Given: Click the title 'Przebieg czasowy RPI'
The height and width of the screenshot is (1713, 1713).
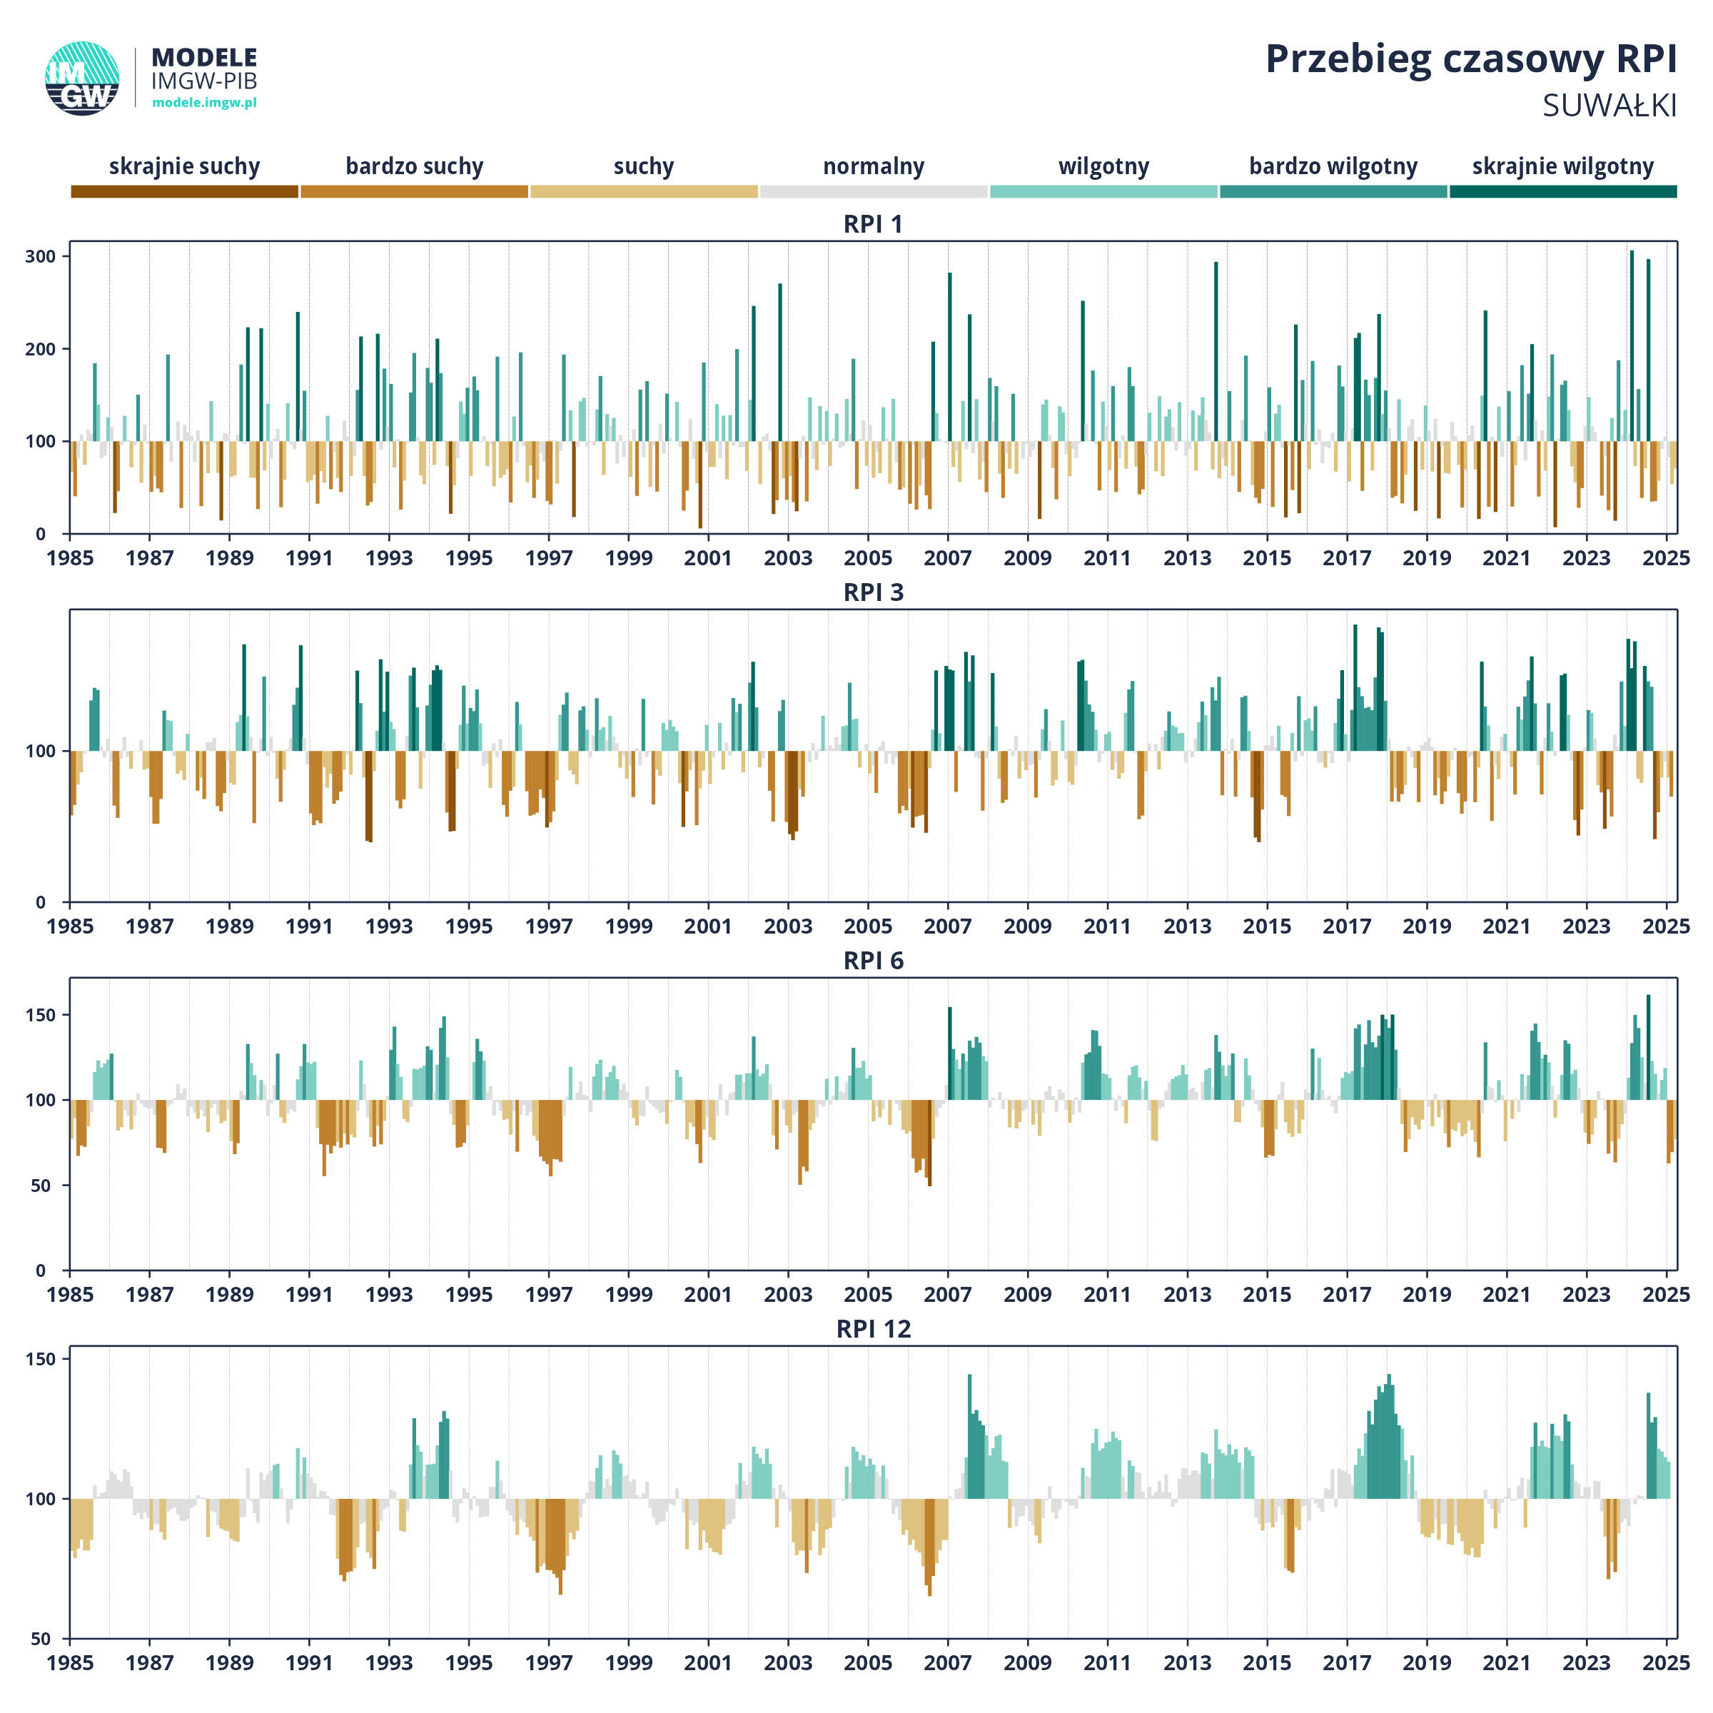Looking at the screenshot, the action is click(1471, 60).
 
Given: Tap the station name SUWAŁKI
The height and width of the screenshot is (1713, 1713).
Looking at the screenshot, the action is click(1610, 106).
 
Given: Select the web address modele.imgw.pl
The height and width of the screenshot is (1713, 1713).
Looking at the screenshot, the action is click(205, 103).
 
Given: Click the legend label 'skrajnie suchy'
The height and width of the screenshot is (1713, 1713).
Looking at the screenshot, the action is click(184, 167).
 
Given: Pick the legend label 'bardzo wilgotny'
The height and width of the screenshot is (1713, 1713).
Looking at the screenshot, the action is click(1333, 167).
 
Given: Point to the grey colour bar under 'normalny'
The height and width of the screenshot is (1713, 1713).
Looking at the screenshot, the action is click(874, 191).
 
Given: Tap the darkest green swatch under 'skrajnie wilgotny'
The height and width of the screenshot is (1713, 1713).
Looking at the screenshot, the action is click(1563, 191).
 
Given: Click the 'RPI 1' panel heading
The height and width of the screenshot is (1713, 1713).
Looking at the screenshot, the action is click(874, 224).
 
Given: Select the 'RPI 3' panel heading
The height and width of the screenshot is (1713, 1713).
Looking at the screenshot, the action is click(874, 592).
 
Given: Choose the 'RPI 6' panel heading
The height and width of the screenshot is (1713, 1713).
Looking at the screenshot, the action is click(874, 961).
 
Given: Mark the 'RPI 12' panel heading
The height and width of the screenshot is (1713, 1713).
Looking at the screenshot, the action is click(874, 1329).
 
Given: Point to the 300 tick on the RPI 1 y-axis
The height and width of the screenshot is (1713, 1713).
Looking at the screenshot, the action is click(41, 256).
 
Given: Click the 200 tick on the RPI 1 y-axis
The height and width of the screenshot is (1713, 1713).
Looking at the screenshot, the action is click(41, 348).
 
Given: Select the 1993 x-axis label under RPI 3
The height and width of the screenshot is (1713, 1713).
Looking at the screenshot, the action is click(389, 926).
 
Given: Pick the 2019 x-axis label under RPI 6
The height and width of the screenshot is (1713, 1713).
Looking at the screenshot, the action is click(1427, 1295).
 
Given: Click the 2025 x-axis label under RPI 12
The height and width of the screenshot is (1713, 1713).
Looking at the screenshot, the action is click(1666, 1663).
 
